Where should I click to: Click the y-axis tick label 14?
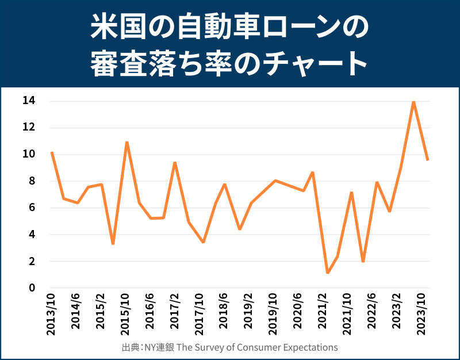[x=29, y=101]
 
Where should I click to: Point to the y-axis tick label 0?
[x=32, y=288]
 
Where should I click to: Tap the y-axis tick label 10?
[x=29, y=155]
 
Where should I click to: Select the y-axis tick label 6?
[x=32, y=208]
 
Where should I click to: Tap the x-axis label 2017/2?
[x=175, y=313]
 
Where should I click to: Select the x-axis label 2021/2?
[x=324, y=313]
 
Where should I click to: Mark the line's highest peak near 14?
[x=413, y=102]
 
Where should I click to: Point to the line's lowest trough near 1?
[x=327, y=273]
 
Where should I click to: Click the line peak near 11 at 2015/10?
[x=126, y=142]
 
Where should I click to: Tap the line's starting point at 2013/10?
[x=52, y=152]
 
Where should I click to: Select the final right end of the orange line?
[x=428, y=160]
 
